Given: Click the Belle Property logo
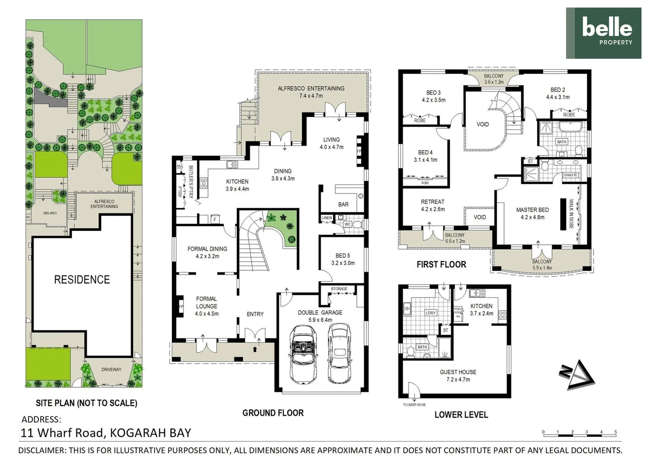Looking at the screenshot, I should [x=603, y=33].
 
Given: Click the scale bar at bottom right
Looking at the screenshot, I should [x=579, y=432].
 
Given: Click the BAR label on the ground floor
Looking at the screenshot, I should [x=343, y=204].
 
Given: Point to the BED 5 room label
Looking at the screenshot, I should [x=342, y=256].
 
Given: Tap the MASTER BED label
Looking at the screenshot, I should [x=532, y=210].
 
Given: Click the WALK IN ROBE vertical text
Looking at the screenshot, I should [x=571, y=214].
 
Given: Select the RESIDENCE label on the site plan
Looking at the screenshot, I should [x=82, y=279].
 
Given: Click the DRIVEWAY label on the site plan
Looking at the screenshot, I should [x=111, y=370].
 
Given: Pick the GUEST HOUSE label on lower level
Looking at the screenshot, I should [x=458, y=372].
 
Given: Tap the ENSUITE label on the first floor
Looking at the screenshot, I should [x=570, y=175].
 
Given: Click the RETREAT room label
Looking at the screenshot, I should [x=433, y=202].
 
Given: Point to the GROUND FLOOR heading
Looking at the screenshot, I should [x=273, y=413].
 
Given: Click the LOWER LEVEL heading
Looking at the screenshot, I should [x=461, y=415].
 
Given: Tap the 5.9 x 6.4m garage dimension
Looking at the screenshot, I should [x=320, y=320].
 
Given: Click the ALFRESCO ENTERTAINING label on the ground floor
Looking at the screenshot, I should [x=311, y=88].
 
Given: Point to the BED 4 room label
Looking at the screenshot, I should [x=425, y=153].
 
